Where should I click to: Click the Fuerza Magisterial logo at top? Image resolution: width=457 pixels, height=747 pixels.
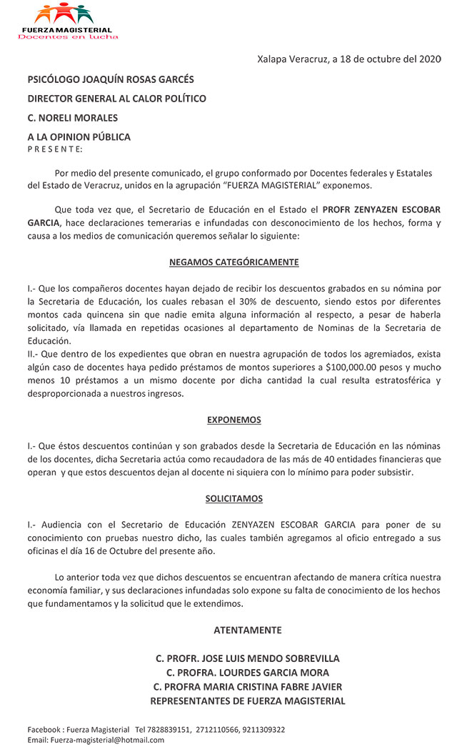click(x=69, y=21)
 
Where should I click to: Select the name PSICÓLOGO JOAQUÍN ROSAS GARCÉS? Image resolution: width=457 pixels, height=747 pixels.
click(x=111, y=79)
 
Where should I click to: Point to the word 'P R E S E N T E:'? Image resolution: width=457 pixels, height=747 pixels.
click(x=55, y=149)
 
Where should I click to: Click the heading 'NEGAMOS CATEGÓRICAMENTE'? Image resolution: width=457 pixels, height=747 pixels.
click(x=233, y=262)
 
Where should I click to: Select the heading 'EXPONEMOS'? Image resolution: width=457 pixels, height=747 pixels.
click(x=233, y=420)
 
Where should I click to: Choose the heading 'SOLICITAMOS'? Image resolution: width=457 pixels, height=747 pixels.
click(x=233, y=498)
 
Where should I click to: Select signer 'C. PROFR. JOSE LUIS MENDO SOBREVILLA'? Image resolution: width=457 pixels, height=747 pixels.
click(x=247, y=658)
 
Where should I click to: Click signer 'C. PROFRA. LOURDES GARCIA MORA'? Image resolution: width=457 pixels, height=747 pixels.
click(x=247, y=673)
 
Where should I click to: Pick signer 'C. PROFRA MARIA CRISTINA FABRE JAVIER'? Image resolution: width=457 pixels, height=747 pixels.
click(x=247, y=687)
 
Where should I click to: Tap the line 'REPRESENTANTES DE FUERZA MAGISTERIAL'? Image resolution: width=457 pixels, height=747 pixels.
click(x=247, y=701)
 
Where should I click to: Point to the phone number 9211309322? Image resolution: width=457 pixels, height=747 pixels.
click(x=262, y=730)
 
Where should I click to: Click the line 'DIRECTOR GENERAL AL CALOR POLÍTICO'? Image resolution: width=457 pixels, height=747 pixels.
click(x=116, y=99)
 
